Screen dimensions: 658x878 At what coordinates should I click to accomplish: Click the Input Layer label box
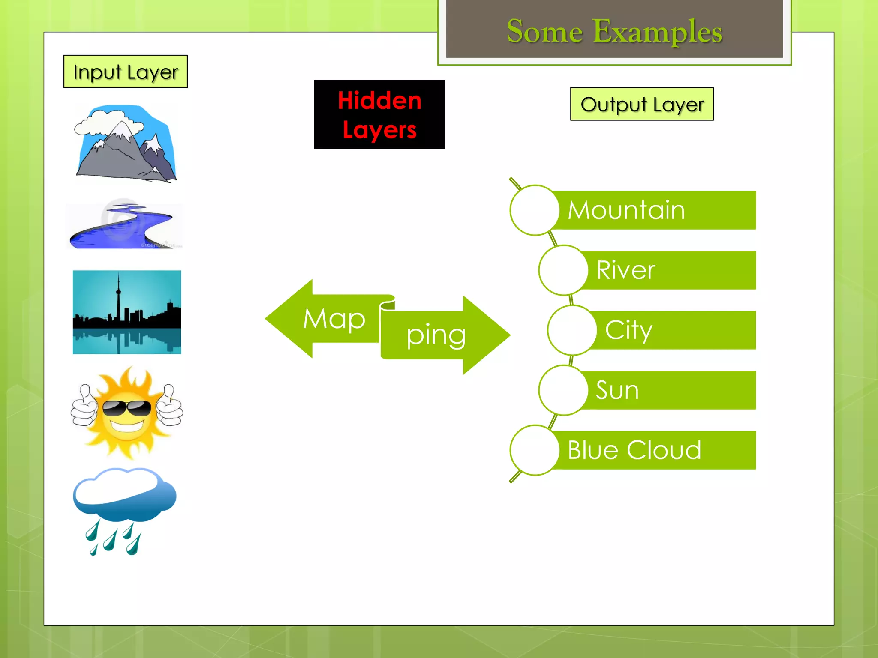click(125, 72)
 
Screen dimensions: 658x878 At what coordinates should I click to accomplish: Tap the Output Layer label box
click(641, 104)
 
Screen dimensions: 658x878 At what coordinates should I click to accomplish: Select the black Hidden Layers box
click(379, 114)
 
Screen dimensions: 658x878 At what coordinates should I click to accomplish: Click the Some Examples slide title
click(614, 31)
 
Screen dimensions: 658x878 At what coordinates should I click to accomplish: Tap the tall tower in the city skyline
click(119, 300)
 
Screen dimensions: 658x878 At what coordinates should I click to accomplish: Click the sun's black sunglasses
click(126, 408)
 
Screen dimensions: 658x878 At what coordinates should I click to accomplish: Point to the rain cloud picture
click(124, 510)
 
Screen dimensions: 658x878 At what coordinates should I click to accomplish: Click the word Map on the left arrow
click(334, 319)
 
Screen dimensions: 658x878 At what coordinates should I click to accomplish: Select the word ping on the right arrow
click(436, 335)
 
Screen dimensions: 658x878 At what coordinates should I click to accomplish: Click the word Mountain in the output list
click(626, 210)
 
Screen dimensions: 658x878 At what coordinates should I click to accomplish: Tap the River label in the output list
click(625, 270)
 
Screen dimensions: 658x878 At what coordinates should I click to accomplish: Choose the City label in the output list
click(628, 330)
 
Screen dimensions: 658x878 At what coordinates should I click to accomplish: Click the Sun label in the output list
click(617, 390)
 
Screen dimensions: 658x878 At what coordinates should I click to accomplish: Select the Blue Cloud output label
click(634, 450)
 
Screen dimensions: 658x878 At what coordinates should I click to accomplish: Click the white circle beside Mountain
click(535, 210)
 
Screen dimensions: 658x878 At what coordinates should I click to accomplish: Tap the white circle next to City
click(572, 330)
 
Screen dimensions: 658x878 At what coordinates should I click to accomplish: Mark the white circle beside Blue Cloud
click(535, 450)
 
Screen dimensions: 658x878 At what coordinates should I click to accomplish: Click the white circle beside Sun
click(563, 390)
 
